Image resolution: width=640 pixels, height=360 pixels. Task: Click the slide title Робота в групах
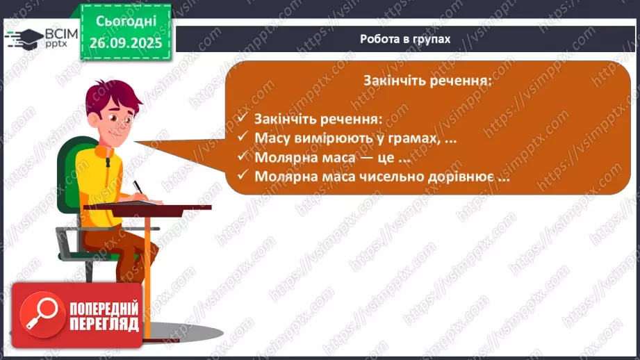tap(405, 39)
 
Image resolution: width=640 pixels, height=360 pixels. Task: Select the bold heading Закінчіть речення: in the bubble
tap(427, 81)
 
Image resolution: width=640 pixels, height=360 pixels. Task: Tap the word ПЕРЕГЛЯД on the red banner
tap(104, 325)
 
